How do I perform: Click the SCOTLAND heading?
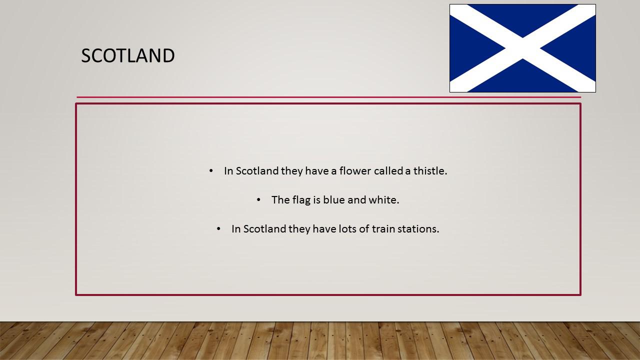tap(127, 55)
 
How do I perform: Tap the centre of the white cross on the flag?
tap(522, 48)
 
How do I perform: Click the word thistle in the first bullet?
tap(430, 171)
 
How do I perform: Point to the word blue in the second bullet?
tap(334, 199)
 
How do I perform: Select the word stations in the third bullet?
tap(418, 229)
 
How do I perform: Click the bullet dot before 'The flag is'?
tap(258, 200)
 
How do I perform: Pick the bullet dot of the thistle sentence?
tap(211, 171)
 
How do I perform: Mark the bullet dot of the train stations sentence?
tap(218, 229)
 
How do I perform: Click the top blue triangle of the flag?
tap(522, 17)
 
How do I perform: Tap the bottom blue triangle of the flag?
tap(522, 79)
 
